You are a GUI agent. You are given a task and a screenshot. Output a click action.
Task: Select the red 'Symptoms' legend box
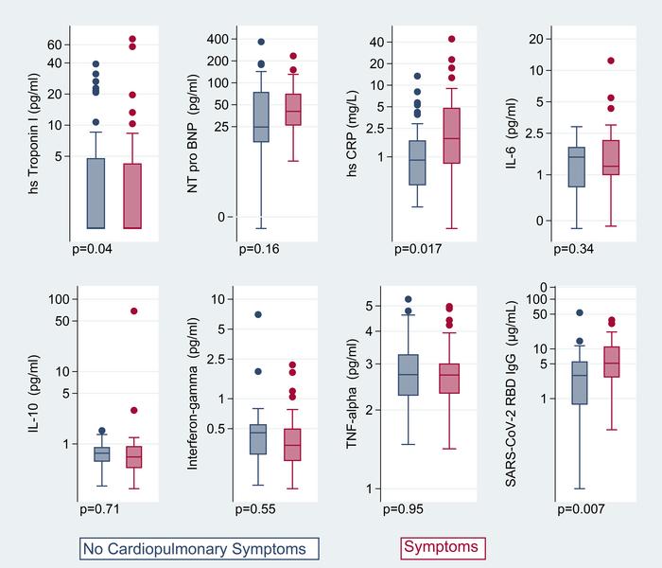441,547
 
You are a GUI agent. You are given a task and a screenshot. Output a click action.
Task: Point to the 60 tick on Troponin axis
54,44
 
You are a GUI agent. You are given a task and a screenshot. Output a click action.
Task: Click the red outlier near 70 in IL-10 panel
133,311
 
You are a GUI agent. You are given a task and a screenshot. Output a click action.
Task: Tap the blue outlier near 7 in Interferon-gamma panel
258,314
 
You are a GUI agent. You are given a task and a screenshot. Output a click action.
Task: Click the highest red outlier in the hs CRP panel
451,40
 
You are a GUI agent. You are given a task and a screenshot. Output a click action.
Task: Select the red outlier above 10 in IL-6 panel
611,61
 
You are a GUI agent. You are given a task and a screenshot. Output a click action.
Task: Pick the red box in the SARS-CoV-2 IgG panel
611,362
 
